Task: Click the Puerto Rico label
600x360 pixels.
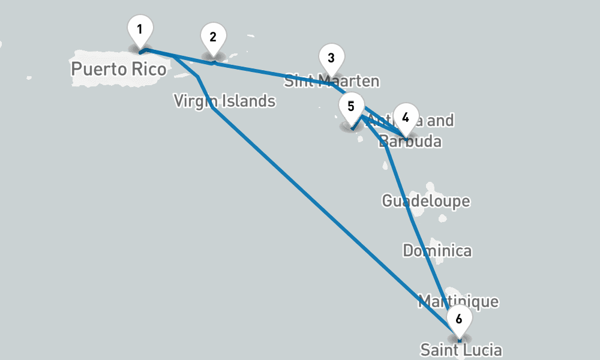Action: tap(118, 69)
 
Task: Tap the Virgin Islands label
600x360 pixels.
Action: tap(224, 101)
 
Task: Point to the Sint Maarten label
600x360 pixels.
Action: tap(332, 81)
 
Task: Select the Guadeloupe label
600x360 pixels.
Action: tap(426, 200)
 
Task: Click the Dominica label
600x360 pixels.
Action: tap(437, 251)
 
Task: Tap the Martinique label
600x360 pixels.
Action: tap(458, 301)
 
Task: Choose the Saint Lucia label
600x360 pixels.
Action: tap(461, 350)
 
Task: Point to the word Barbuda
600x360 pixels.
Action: tap(414, 142)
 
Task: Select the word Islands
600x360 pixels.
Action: tap(247, 101)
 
